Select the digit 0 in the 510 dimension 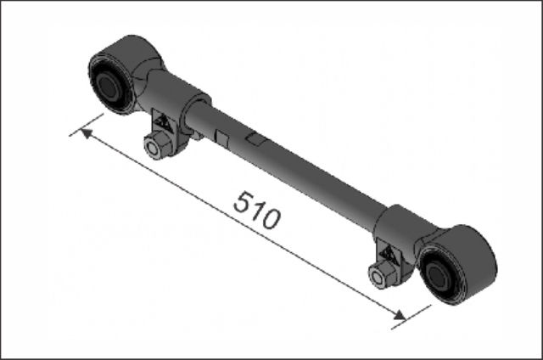click(269, 220)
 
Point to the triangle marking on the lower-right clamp click(388, 252)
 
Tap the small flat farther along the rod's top click(256, 136)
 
